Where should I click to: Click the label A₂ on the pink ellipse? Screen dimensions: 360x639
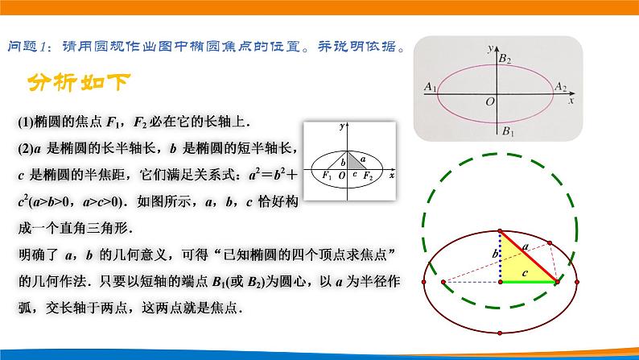click(560, 86)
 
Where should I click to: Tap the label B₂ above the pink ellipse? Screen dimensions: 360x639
click(505, 59)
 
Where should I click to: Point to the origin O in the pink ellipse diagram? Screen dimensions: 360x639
click(489, 102)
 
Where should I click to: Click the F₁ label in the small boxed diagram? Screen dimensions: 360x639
click(326, 175)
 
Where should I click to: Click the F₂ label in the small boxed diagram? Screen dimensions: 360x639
click(368, 175)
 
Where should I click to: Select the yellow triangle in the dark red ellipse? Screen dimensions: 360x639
click(518, 263)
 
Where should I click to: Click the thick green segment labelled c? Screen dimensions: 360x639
click(529, 283)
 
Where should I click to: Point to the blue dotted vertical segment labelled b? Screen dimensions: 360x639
click(500, 257)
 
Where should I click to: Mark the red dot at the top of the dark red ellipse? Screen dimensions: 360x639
click(500, 232)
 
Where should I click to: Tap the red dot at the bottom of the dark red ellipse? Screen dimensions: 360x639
click(500, 333)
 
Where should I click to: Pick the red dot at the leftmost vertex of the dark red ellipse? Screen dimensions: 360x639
click(424, 282)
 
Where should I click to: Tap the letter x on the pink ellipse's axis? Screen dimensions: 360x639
click(570, 103)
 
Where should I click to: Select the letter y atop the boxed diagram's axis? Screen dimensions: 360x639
click(342, 127)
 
